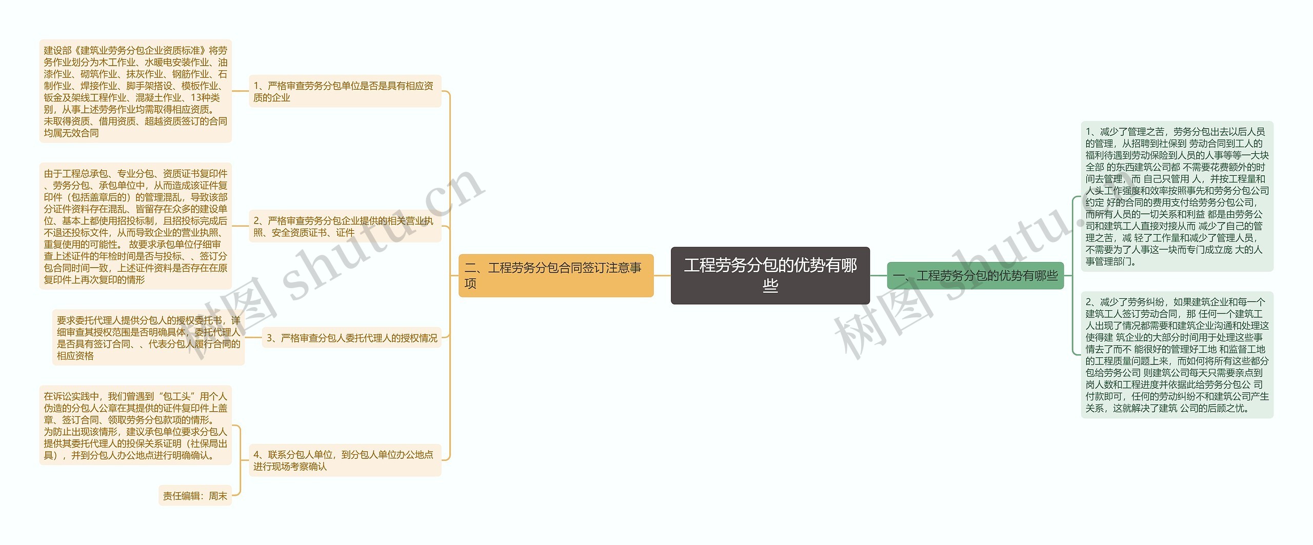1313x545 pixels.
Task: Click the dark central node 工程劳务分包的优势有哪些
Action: (770, 275)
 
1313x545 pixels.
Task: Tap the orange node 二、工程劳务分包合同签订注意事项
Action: (555, 275)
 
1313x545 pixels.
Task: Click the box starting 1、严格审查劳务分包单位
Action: (345, 91)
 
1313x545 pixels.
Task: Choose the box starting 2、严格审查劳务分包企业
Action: (345, 227)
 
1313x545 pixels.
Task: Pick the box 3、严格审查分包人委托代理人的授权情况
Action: (351, 338)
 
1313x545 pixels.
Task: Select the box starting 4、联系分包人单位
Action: (345, 460)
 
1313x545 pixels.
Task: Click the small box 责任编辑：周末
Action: (195, 496)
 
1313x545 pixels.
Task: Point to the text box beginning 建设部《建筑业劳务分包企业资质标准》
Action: (135, 91)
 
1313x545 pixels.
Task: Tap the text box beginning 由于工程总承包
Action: (135, 227)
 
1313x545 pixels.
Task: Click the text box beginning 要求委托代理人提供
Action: (148, 338)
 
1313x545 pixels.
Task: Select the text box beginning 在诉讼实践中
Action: (135, 426)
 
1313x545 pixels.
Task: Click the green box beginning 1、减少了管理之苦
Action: (1177, 196)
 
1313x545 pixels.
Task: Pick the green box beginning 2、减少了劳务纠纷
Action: (1177, 355)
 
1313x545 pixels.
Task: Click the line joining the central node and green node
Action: (879, 275)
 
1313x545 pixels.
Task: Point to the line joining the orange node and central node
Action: (662, 275)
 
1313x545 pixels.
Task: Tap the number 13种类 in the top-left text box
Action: (205, 97)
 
